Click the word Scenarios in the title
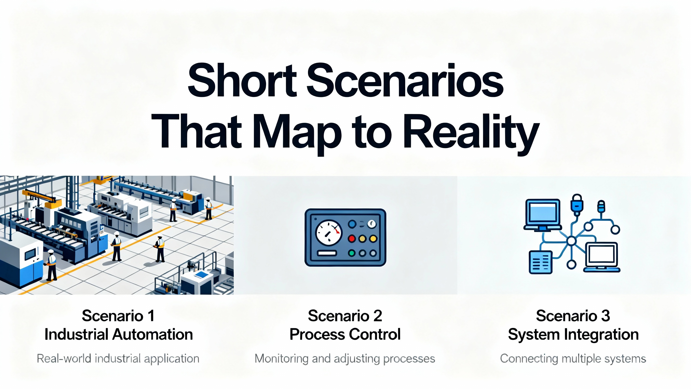[x=405, y=81]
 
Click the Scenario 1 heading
[x=118, y=316]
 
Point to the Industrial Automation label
[x=119, y=334]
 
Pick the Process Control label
[x=345, y=334]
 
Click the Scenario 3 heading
[x=573, y=316]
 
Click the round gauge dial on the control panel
[x=329, y=233]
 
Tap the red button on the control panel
[x=351, y=239]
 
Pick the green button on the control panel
[x=351, y=253]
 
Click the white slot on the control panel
[x=327, y=253]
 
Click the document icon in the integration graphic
[x=540, y=262]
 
